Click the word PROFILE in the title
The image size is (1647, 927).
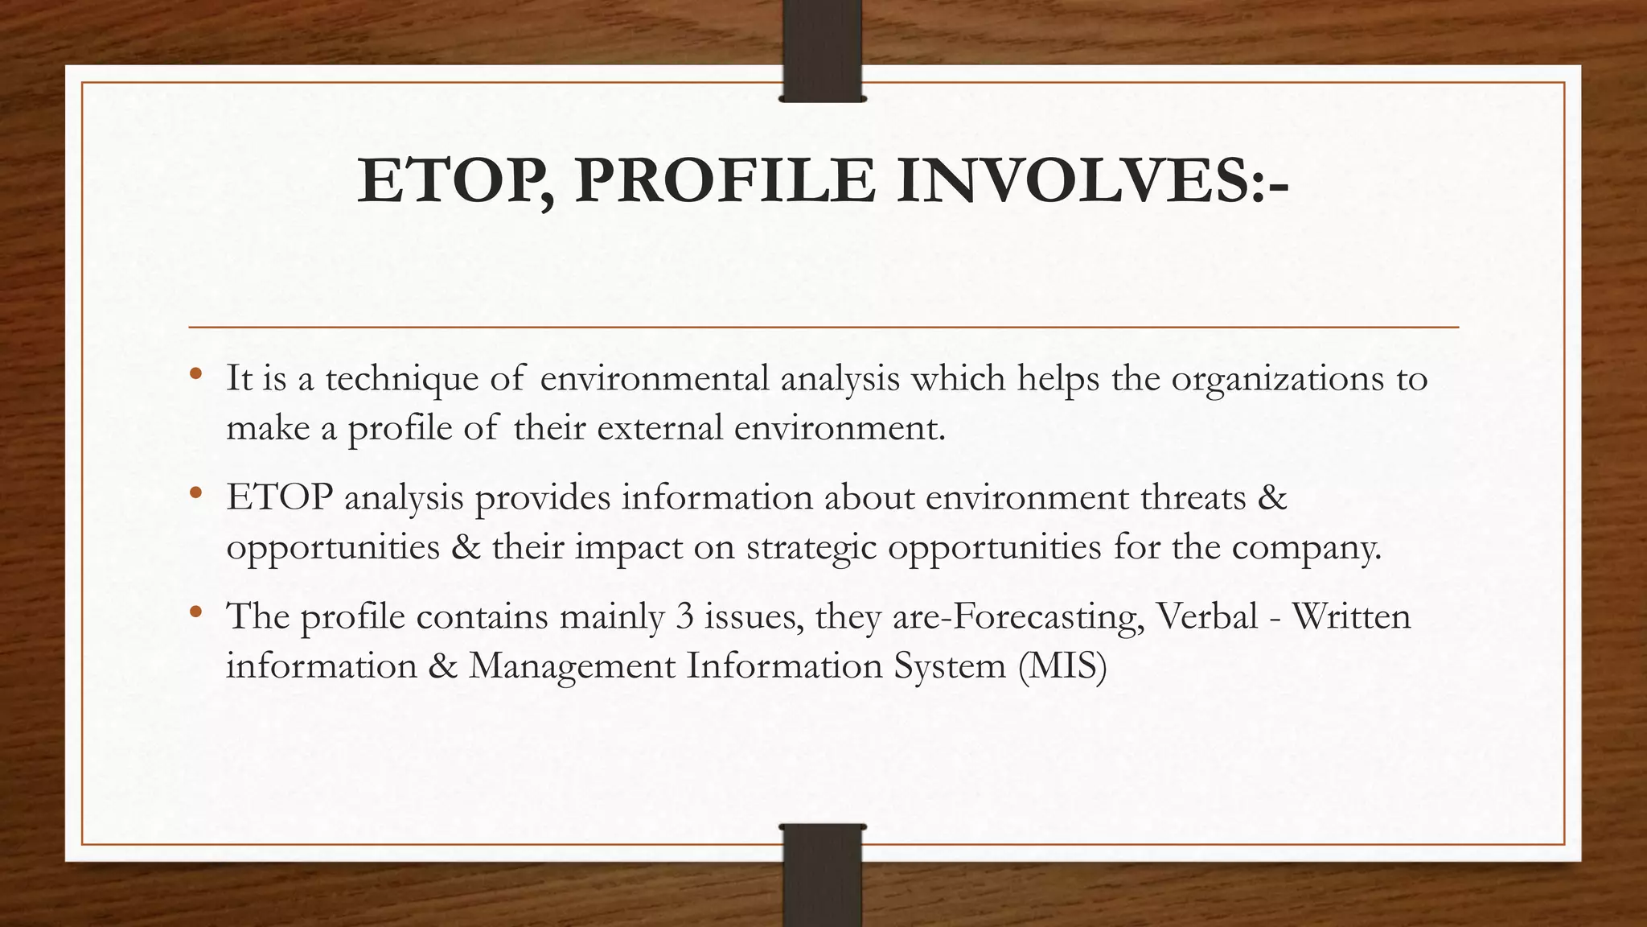[x=725, y=182]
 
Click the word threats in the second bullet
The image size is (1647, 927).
[x=1190, y=497]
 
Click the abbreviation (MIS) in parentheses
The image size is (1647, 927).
[x=1062, y=666]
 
